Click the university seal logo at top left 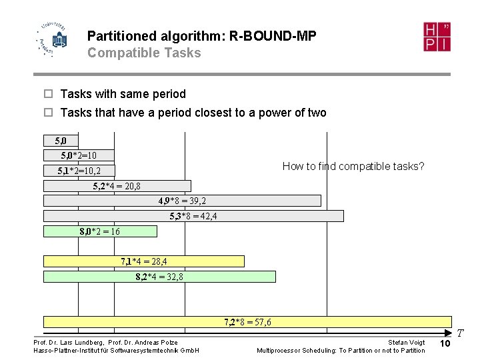point(53,39)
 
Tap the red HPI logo point(437,37)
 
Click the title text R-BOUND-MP point(273,36)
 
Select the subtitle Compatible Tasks point(144,53)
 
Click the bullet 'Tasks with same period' point(123,94)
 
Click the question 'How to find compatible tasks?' point(353,166)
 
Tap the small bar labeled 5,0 point(61,141)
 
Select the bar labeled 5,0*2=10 point(79,155)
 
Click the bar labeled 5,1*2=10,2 point(79,171)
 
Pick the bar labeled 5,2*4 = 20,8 point(117,186)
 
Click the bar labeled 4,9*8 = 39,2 point(182,201)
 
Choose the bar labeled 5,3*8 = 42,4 point(193,216)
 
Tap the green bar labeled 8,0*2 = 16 point(100,231)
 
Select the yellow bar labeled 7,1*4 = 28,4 point(143,261)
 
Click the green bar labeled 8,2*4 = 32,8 point(159,277)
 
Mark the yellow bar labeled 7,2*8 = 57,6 point(247,322)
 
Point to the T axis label point(460,332)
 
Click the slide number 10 point(446,343)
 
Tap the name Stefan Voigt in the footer point(406,343)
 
